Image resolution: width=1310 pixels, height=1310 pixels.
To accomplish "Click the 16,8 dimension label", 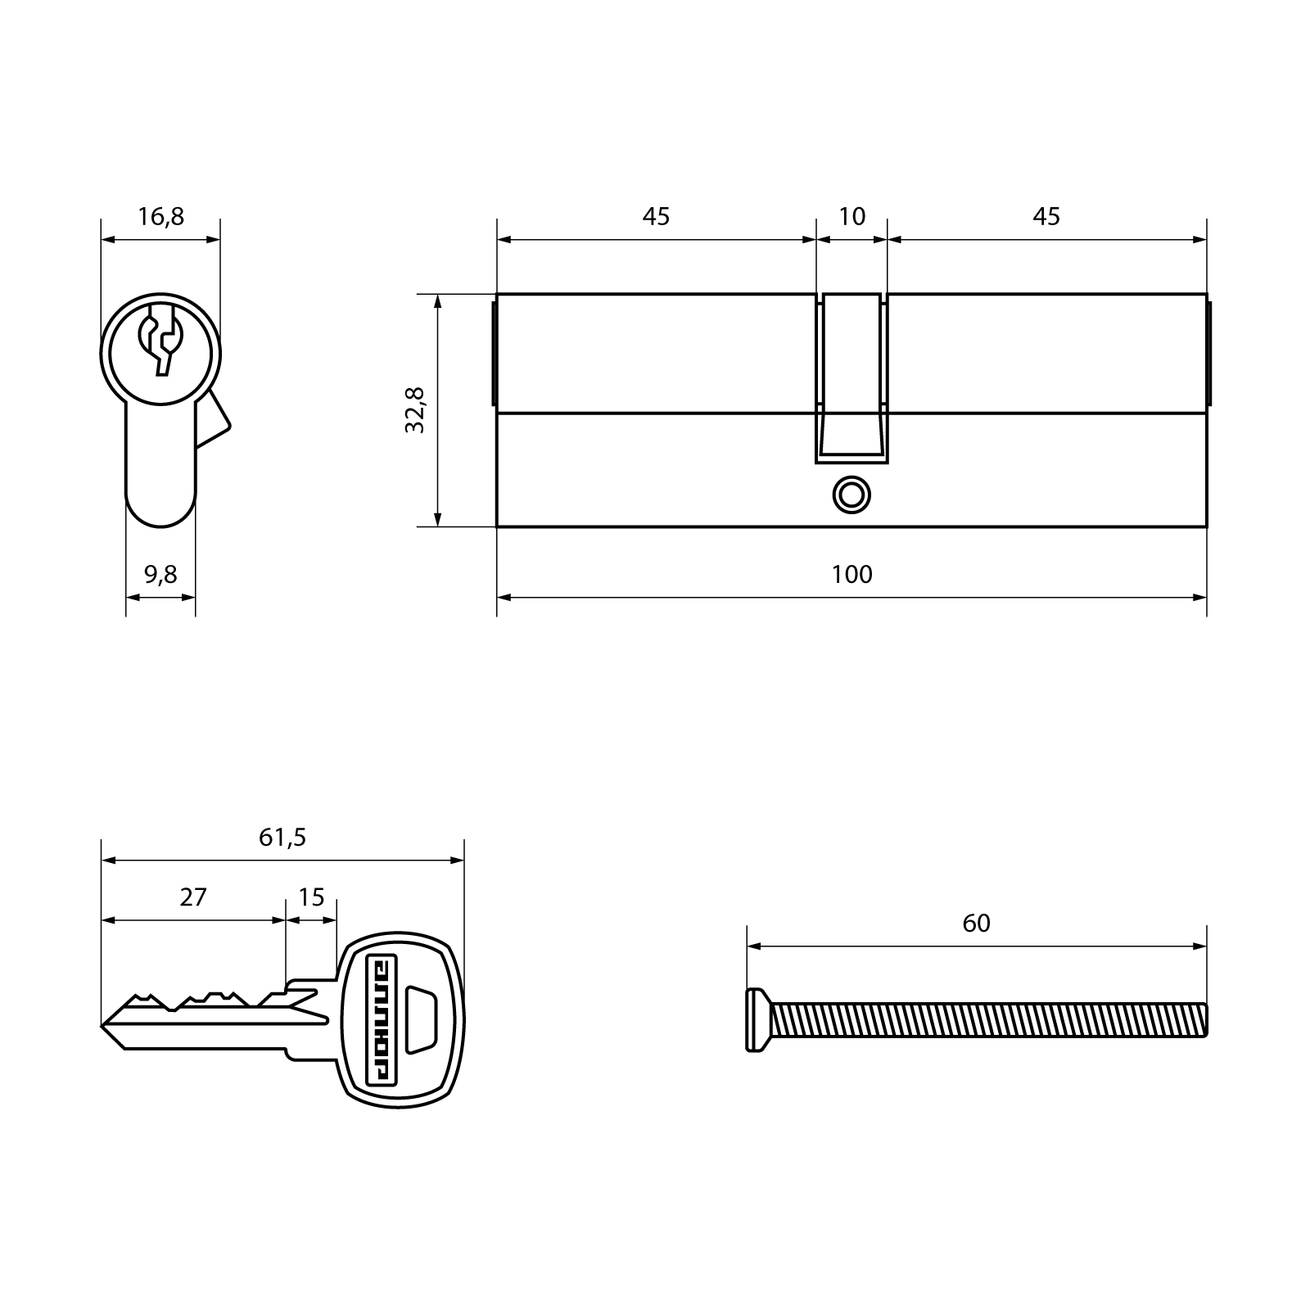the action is (160, 217).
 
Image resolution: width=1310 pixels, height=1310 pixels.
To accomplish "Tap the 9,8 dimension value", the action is (160, 575).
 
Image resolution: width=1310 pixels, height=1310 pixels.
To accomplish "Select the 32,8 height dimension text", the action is (415, 409).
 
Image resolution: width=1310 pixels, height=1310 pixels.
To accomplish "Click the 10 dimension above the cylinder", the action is (851, 217).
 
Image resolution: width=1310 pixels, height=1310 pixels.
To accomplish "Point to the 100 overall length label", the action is (851, 575).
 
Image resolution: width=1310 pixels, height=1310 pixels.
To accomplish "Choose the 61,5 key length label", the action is (282, 838).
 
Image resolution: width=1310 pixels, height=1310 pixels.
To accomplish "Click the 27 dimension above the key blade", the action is (193, 897).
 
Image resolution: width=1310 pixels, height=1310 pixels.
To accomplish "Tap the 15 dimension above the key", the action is (311, 897).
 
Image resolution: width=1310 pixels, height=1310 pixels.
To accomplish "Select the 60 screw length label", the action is (976, 924).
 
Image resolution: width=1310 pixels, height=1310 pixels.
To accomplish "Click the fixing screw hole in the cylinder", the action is (851, 495).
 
